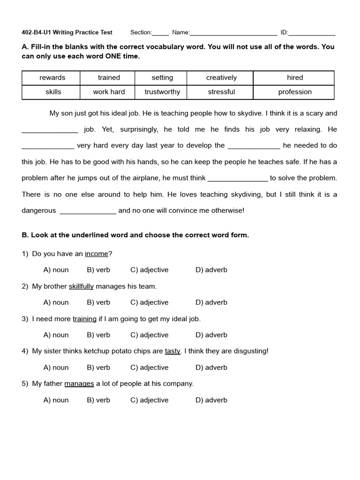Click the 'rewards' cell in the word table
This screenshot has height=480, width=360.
click(52, 78)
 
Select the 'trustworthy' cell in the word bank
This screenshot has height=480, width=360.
click(162, 92)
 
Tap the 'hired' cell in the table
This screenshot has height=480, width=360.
click(295, 78)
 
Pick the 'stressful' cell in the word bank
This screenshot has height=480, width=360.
click(221, 92)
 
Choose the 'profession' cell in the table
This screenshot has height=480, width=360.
click(295, 92)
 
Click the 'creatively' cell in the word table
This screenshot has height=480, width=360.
click(221, 78)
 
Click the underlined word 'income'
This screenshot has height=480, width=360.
click(97, 254)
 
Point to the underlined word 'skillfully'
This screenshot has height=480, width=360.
click(81, 286)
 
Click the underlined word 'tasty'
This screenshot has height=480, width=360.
click(172, 351)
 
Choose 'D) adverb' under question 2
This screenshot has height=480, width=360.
click(211, 302)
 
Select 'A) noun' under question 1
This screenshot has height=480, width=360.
click(56, 270)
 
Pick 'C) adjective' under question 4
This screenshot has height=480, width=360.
click(149, 367)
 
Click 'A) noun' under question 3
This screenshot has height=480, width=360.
click(56, 335)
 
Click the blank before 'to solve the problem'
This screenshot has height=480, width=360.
click(238, 179)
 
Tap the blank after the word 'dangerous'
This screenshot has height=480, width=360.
click(88, 211)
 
